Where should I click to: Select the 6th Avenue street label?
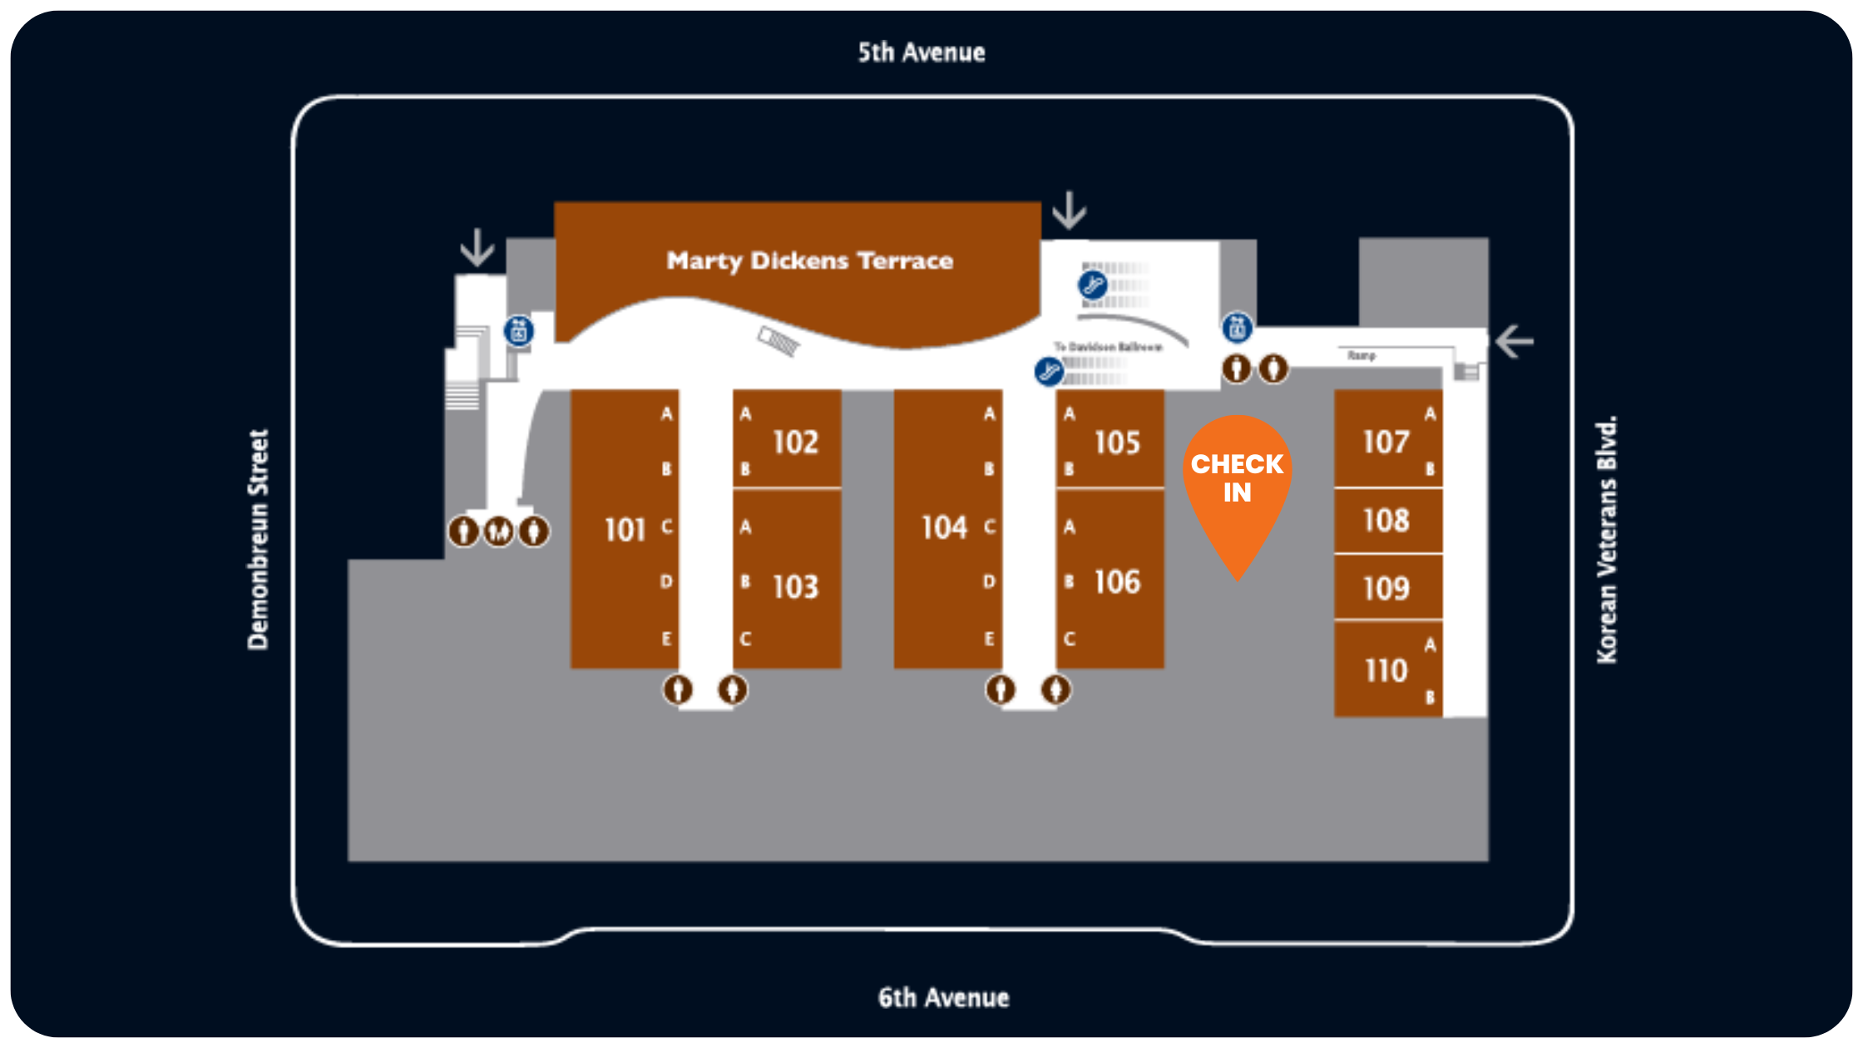pyautogui.click(x=943, y=997)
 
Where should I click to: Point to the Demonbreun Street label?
pyautogui.click(x=259, y=539)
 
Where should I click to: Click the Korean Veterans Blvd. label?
pyautogui.click(x=1607, y=539)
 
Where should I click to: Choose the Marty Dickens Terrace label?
pyautogui.click(x=809, y=261)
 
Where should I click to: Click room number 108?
pyautogui.click(x=1386, y=521)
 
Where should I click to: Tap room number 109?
pyautogui.click(x=1386, y=589)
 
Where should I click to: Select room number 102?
pyautogui.click(x=795, y=442)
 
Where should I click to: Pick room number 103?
pyautogui.click(x=795, y=587)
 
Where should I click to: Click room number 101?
pyautogui.click(x=625, y=530)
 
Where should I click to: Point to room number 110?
pyautogui.click(x=1386, y=670)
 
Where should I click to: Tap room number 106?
pyautogui.click(x=1117, y=582)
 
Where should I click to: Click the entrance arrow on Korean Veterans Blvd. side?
pyautogui.click(x=1514, y=342)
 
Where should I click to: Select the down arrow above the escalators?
pyautogui.click(x=1069, y=210)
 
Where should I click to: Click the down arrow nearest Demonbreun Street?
pyautogui.click(x=477, y=247)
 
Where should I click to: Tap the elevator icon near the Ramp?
pyautogui.click(x=1237, y=327)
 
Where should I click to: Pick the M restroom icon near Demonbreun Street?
pyautogui.click(x=499, y=531)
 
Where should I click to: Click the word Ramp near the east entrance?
pyautogui.click(x=1361, y=355)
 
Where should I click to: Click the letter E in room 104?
pyautogui.click(x=989, y=639)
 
